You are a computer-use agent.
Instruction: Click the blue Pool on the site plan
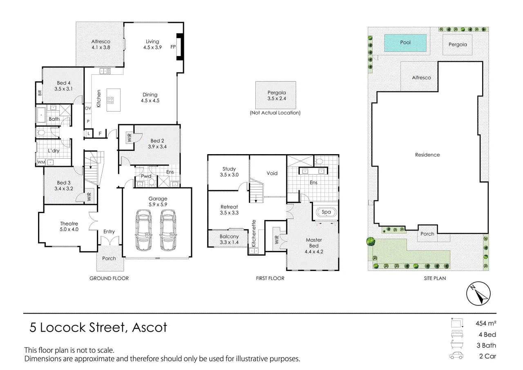click(x=405, y=43)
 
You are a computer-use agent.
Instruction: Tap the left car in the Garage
click(x=143, y=230)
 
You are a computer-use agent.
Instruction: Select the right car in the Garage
click(x=168, y=230)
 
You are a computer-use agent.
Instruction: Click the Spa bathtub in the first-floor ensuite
click(x=326, y=212)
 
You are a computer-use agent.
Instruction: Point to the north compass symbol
click(x=478, y=294)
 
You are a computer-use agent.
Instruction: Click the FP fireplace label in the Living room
click(x=173, y=47)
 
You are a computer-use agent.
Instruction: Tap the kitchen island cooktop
click(x=110, y=100)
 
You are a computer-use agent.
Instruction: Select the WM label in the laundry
click(x=41, y=162)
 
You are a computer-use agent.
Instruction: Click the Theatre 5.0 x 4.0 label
click(x=69, y=226)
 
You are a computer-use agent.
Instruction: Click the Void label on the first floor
click(x=272, y=173)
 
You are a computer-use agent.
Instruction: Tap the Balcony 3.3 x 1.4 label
click(x=229, y=239)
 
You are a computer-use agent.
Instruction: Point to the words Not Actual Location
click(x=275, y=113)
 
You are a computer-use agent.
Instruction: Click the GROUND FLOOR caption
click(x=109, y=278)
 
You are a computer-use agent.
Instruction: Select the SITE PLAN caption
click(x=435, y=278)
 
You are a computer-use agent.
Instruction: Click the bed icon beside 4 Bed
click(x=457, y=334)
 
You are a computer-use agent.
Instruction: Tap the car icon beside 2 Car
click(x=456, y=356)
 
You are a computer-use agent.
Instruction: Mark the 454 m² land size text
click(x=486, y=323)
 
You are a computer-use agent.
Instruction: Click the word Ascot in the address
click(x=150, y=327)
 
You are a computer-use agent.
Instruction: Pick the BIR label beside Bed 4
click(x=40, y=93)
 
